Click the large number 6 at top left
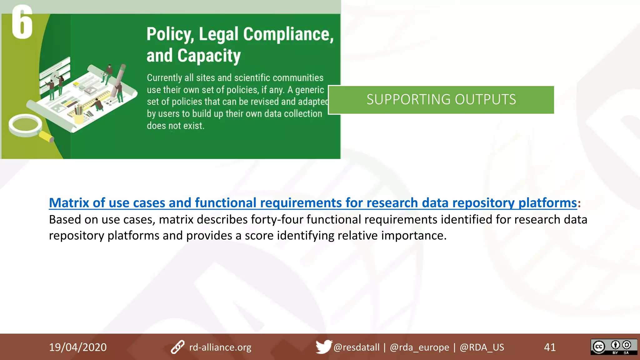22,22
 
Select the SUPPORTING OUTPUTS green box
441,100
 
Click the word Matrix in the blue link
69,203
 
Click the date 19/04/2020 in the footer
78,347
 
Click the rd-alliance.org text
220,347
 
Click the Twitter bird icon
323,347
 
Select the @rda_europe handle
419,347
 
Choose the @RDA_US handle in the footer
482,347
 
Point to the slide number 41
550,347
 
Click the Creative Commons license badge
613,347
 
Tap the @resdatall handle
356,347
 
